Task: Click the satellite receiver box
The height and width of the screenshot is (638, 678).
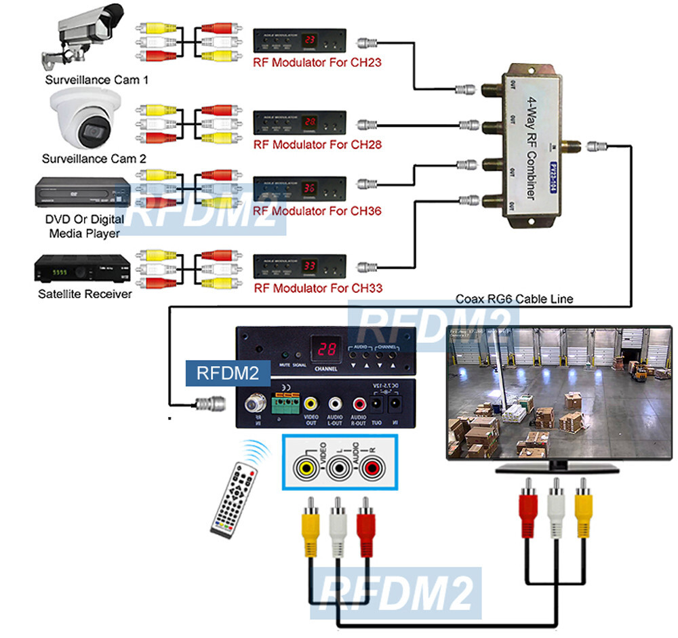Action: tap(79, 271)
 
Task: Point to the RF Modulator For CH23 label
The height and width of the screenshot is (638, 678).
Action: tap(317, 63)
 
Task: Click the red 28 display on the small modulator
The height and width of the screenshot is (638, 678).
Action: tap(311, 122)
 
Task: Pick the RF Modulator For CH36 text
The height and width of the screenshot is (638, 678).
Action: tap(317, 211)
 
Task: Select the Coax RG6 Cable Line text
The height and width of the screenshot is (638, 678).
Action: tap(514, 298)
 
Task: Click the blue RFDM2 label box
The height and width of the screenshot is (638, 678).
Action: tap(227, 372)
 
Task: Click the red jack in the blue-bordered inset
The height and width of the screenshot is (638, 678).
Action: tap(370, 468)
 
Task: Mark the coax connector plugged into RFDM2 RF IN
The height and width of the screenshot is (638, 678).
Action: tap(207, 403)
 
